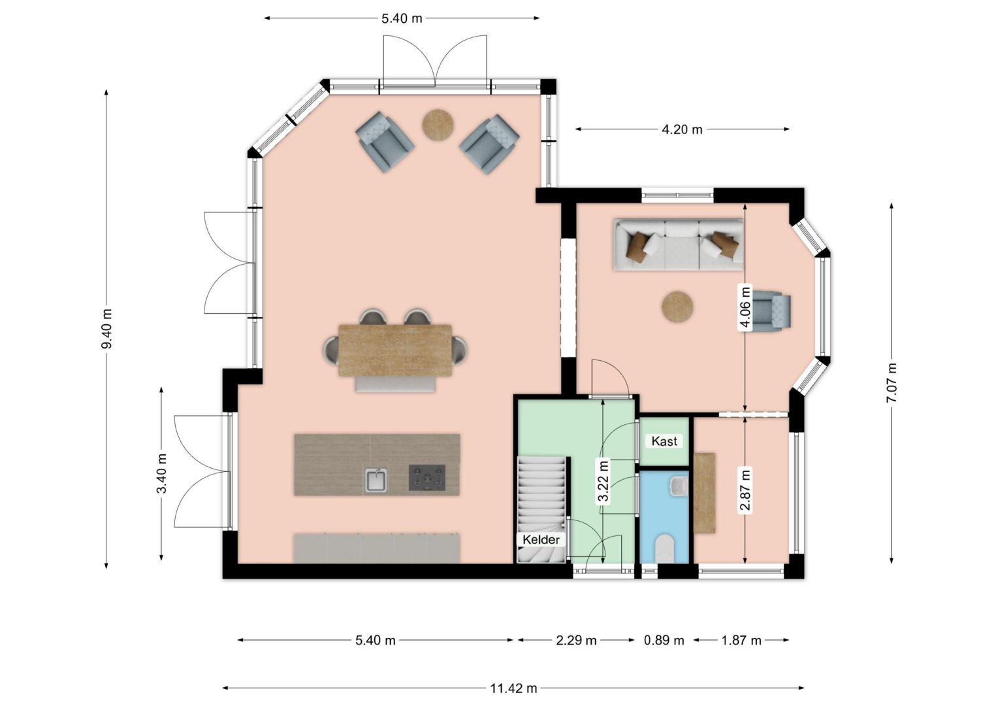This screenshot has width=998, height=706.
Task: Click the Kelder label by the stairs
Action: click(541, 540)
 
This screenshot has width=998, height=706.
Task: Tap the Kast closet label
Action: click(664, 441)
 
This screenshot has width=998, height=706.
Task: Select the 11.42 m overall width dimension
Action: click(514, 688)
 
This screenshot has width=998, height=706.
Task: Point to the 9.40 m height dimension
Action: click(107, 329)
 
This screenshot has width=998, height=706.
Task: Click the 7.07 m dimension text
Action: click(892, 382)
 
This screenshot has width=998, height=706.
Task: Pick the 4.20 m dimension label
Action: click(682, 129)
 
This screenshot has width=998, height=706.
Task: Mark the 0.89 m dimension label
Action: click(664, 641)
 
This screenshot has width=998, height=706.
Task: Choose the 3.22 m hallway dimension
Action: click(603, 481)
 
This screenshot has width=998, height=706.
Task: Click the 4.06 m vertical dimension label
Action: click(745, 308)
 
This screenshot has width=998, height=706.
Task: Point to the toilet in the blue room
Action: click(666, 548)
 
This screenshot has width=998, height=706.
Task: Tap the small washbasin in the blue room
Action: click(679, 486)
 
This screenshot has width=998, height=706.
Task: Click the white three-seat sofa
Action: click(678, 245)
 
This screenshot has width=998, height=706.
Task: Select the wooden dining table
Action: click(395, 350)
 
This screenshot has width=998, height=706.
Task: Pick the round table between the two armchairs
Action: click(438, 126)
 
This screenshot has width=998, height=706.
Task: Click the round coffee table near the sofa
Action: click(677, 307)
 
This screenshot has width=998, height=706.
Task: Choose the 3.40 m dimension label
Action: click(162, 473)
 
